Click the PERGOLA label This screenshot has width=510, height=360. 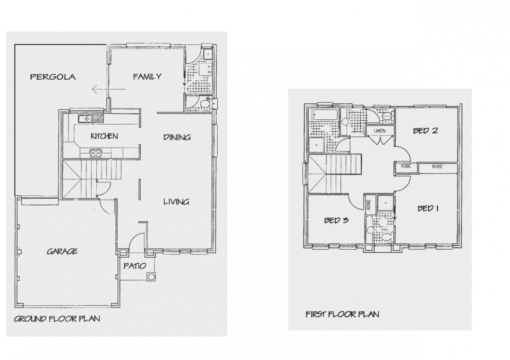53,77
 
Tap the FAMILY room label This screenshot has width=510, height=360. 147,77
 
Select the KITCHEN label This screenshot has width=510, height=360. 104,136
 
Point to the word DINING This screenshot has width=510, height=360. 177,137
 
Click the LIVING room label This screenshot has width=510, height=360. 176,202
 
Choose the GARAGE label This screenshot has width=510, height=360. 62,251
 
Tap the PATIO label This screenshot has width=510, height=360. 135,266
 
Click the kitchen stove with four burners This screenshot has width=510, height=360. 95,153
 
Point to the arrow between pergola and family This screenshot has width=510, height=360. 108,89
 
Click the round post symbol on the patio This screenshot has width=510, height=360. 151,277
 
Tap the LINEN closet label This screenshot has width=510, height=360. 380,131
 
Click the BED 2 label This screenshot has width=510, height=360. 425,131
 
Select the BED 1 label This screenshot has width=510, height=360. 428,208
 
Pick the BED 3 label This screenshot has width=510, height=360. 336,220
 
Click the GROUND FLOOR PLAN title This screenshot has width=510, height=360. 57,319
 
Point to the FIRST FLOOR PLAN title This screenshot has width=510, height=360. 342,314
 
